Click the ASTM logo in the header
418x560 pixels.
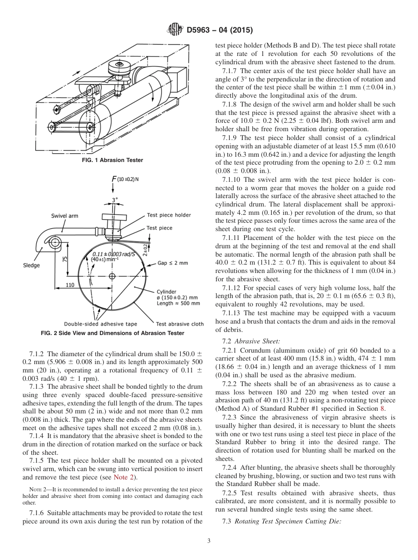pos(176,30)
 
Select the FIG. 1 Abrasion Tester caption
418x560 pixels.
pos(113,160)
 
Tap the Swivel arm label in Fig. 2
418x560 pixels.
pos(64,216)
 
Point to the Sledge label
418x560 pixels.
pos(31,265)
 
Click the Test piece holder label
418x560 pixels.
pos(169,215)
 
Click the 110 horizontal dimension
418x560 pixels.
pos(70,285)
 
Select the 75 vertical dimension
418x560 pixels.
pos(65,260)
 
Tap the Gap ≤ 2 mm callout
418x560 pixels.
pos(172,263)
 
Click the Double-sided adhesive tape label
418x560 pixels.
pos(100,324)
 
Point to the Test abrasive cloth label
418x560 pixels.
pos(180,324)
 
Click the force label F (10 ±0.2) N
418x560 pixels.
pos(126,179)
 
